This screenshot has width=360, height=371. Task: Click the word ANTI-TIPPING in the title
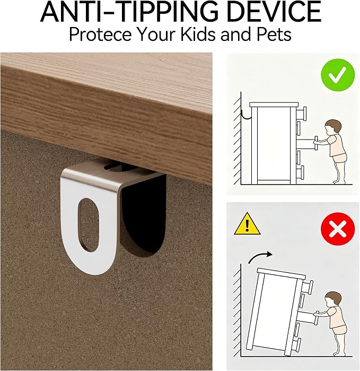coord(129,11)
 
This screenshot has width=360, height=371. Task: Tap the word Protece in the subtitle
coord(100,34)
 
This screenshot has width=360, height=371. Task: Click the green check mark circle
coord(338,75)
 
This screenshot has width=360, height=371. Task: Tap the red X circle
coord(338,229)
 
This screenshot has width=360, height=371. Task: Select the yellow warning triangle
coord(247,224)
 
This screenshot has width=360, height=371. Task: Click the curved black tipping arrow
coord(260,257)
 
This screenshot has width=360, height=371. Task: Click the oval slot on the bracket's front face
coord(89,225)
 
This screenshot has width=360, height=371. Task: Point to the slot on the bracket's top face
coord(120,168)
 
